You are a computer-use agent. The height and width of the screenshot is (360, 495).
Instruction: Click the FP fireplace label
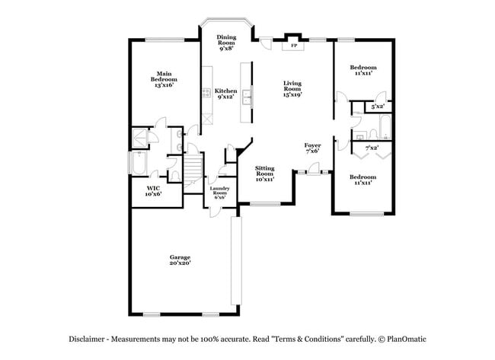point(293,46)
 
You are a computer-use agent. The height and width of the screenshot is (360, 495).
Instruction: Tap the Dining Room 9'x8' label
point(226,43)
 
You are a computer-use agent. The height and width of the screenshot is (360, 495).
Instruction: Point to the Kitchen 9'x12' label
point(226,94)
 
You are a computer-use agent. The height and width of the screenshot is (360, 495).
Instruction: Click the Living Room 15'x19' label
point(292,91)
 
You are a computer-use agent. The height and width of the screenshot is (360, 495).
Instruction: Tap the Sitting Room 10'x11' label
point(264,174)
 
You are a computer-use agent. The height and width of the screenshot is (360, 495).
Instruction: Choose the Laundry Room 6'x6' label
point(219,193)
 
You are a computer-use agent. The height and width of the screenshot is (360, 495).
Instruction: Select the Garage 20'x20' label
point(180,260)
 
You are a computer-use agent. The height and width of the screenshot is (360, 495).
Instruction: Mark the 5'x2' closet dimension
point(377,107)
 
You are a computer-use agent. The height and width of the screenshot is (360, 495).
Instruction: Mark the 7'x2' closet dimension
point(372,147)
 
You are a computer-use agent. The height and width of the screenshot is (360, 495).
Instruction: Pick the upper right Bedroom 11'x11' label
point(362,71)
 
